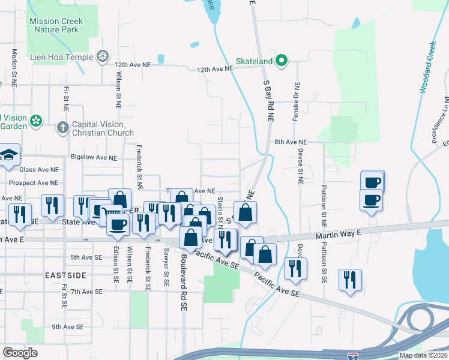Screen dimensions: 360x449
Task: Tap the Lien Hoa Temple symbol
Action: point(103,57)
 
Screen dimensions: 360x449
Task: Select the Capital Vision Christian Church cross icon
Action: point(62,127)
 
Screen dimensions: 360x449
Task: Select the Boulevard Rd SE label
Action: point(184,282)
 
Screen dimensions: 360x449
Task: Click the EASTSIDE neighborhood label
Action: point(65,275)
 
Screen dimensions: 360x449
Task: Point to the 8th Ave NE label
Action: point(291,142)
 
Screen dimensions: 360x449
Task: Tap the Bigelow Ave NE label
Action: point(94,158)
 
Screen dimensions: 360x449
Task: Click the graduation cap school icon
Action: point(10,155)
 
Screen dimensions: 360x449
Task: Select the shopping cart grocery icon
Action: point(110,212)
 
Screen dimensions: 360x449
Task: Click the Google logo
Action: point(20,353)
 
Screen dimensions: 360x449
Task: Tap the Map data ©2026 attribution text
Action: point(423,355)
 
